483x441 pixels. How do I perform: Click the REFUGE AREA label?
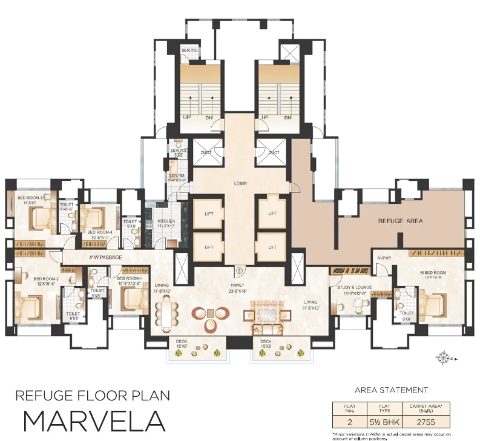(x=400, y=221)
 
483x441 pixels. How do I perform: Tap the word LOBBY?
(x=240, y=183)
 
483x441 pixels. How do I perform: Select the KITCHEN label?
(x=166, y=221)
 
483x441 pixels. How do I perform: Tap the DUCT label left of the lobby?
(x=206, y=152)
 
